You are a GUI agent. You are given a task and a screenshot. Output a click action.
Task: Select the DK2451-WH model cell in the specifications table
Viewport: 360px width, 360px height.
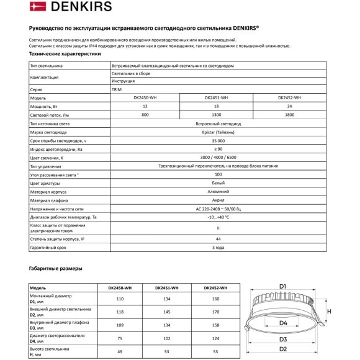(215, 98)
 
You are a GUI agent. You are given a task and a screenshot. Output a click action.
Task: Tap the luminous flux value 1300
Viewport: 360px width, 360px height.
(215, 115)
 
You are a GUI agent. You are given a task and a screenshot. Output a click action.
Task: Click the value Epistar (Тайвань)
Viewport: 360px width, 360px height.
(215, 133)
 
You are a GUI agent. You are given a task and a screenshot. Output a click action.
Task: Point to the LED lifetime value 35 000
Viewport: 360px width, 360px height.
(215, 142)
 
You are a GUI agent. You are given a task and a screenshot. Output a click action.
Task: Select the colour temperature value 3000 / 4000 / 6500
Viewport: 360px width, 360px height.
(215, 158)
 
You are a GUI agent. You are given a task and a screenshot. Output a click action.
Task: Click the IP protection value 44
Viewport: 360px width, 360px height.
(215, 238)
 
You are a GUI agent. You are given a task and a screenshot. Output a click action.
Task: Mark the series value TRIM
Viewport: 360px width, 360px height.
(116, 89)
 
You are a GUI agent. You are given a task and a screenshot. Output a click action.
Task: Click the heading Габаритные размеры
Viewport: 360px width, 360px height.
(56, 268)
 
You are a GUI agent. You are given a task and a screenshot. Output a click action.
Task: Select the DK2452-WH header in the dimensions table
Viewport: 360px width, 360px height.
(215, 288)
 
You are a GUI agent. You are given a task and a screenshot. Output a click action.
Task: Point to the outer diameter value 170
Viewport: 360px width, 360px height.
(215, 312)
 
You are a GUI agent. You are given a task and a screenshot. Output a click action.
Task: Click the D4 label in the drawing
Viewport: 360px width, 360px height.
(282, 323)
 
